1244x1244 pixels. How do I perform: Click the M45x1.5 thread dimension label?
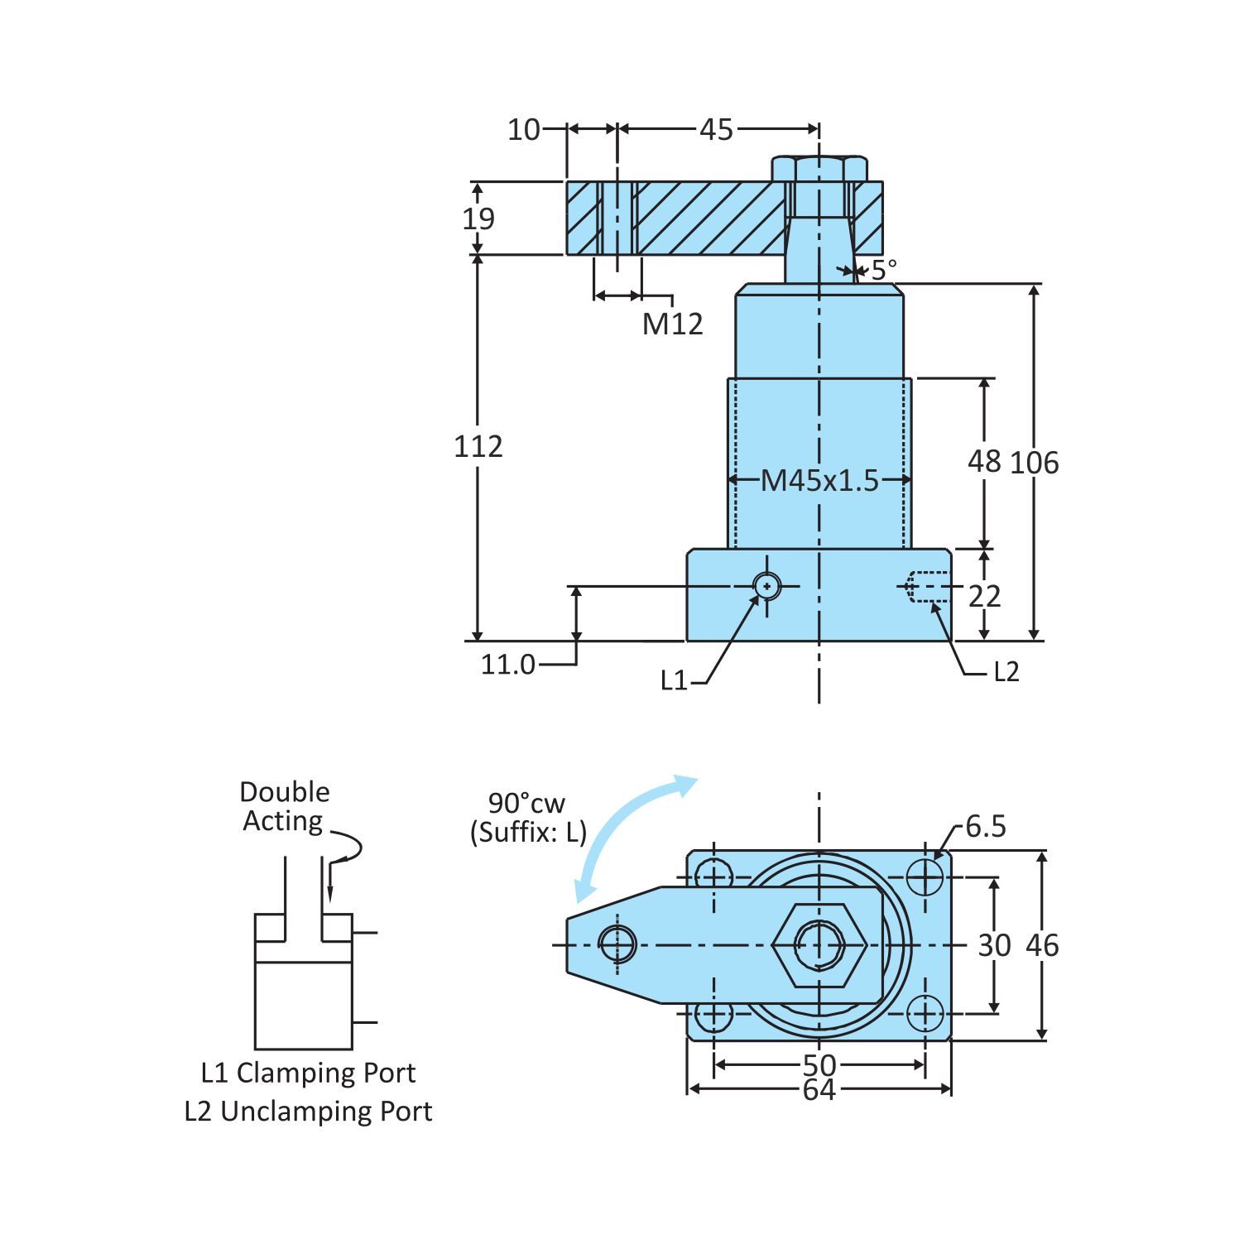819,480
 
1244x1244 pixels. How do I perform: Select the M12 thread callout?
672,324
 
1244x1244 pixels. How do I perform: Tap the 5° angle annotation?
883,270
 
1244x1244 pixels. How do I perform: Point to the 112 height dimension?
478,447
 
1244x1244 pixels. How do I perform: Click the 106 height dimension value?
1034,463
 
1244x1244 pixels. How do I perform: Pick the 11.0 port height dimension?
507,665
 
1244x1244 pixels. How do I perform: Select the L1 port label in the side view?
674,681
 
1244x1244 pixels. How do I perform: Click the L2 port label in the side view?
1006,672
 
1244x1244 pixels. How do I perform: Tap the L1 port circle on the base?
767,586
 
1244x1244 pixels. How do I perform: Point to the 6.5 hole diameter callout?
985,826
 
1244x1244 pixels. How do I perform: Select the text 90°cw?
526,803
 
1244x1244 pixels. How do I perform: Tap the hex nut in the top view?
819,944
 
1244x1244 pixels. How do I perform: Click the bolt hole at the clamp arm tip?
617,944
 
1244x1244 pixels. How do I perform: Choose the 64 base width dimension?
819,1090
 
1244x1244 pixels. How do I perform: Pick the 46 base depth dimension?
1042,945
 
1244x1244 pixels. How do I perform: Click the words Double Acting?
284,806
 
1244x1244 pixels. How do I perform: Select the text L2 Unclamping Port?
308,1111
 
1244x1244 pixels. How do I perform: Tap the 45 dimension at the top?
716,130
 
